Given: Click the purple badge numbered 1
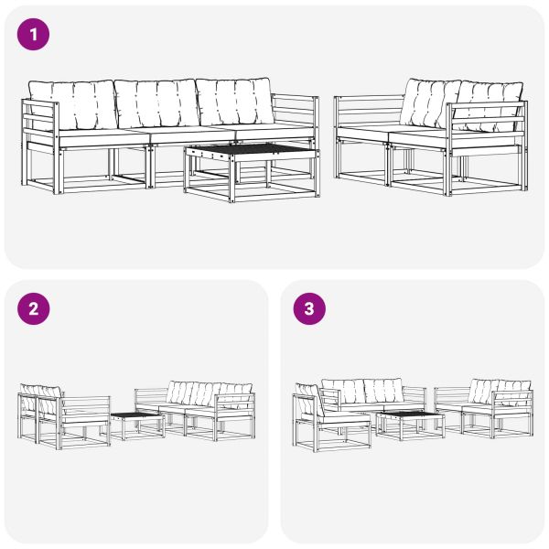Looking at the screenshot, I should point(34,36).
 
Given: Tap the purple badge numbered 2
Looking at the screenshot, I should point(34,308).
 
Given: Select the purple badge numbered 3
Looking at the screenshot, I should point(308,308).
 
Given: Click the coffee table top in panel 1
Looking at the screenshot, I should point(249,150).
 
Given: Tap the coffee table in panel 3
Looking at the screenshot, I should point(410,418).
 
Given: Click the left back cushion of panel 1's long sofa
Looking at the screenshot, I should point(71,102).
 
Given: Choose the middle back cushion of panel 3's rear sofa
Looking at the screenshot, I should point(367,391).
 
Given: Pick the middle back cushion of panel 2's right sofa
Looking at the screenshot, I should point(193,394).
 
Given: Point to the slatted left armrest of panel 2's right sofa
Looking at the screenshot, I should point(147,398).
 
